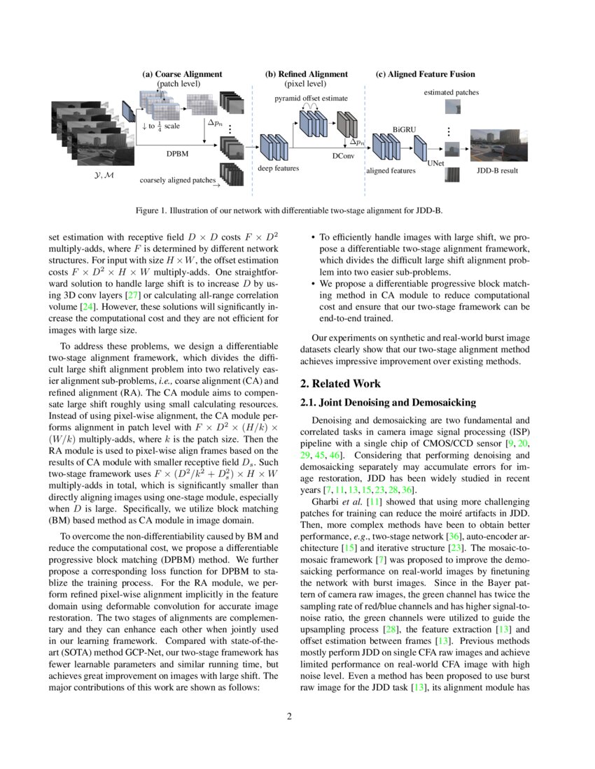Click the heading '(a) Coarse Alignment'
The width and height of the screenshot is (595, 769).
(182, 74)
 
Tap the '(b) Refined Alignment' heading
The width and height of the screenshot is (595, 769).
(306, 74)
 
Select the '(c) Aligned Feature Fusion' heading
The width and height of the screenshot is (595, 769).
(425, 74)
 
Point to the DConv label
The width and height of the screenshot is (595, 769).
(342, 157)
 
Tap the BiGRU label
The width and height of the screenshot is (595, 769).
(404, 129)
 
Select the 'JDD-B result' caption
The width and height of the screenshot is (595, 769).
(497, 170)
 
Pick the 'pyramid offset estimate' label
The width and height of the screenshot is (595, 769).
(310, 99)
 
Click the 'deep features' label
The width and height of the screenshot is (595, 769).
(279, 168)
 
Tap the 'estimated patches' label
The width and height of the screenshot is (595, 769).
(451, 92)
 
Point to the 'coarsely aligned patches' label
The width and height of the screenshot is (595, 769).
(178, 180)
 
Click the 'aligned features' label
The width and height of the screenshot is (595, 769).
(391, 170)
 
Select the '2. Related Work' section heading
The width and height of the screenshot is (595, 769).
(340, 384)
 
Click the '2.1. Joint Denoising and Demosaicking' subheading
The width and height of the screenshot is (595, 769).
(388, 403)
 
